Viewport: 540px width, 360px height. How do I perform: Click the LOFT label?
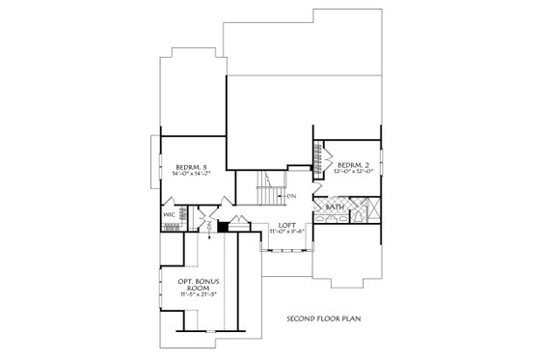(286, 224)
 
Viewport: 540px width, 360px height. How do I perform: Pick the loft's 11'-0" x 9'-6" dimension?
(286, 232)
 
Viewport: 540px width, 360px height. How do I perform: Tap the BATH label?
(335, 208)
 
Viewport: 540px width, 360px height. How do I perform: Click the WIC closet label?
(168, 214)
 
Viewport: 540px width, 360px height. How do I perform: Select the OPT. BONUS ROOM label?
(194, 285)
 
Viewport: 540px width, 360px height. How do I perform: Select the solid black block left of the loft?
(223, 228)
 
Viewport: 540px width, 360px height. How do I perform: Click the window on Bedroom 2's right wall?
(385, 156)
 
